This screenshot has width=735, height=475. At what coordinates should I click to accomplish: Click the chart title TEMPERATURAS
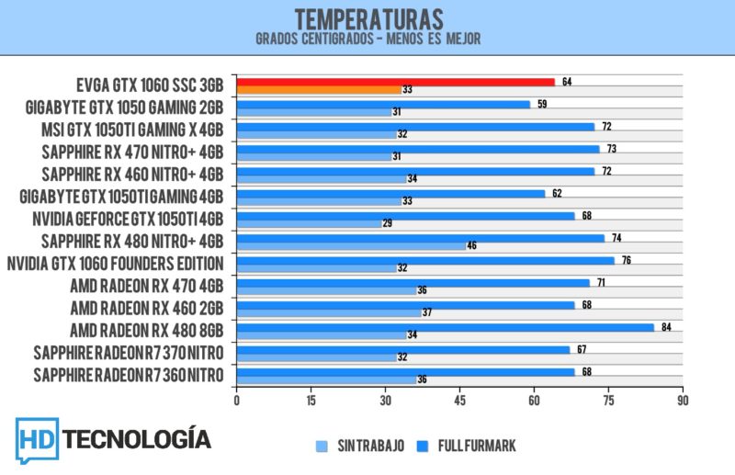367,18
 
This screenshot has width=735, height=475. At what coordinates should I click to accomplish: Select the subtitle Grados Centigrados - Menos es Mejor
367,40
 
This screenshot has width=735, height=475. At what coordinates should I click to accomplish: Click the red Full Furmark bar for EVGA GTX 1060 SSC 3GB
395,82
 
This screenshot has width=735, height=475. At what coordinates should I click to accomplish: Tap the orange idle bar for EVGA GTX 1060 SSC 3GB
318,90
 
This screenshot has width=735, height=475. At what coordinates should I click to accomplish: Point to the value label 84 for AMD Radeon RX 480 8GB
666,326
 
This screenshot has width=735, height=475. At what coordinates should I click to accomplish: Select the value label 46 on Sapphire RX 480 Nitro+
471,246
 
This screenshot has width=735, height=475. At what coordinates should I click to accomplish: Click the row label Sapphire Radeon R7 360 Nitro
129,375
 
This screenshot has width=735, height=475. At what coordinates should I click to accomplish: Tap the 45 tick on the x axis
459,401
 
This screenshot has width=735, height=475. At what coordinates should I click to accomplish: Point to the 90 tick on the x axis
682,401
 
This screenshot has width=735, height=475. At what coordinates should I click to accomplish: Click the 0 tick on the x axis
237,401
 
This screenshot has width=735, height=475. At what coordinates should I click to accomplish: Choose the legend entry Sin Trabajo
363,446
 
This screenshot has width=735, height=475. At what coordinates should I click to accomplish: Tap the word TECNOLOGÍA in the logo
142,439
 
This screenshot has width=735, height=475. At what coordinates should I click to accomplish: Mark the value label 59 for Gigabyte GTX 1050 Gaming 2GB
542,104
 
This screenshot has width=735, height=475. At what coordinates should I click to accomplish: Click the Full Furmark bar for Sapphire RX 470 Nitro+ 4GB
418,149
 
